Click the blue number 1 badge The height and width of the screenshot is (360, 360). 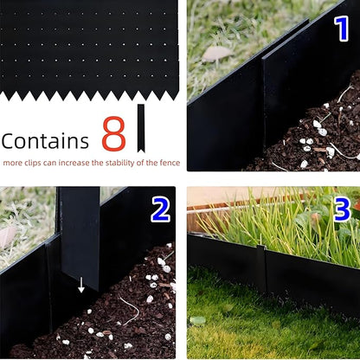[x=340, y=28]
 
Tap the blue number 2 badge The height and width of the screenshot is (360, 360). [x=159, y=209]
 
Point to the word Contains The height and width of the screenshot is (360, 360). [x=45, y=141]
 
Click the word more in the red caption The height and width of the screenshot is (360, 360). [x=14, y=163]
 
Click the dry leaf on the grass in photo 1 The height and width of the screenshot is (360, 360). [x=215, y=54]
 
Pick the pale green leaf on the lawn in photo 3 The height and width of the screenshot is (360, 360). [x=198, y=320]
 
